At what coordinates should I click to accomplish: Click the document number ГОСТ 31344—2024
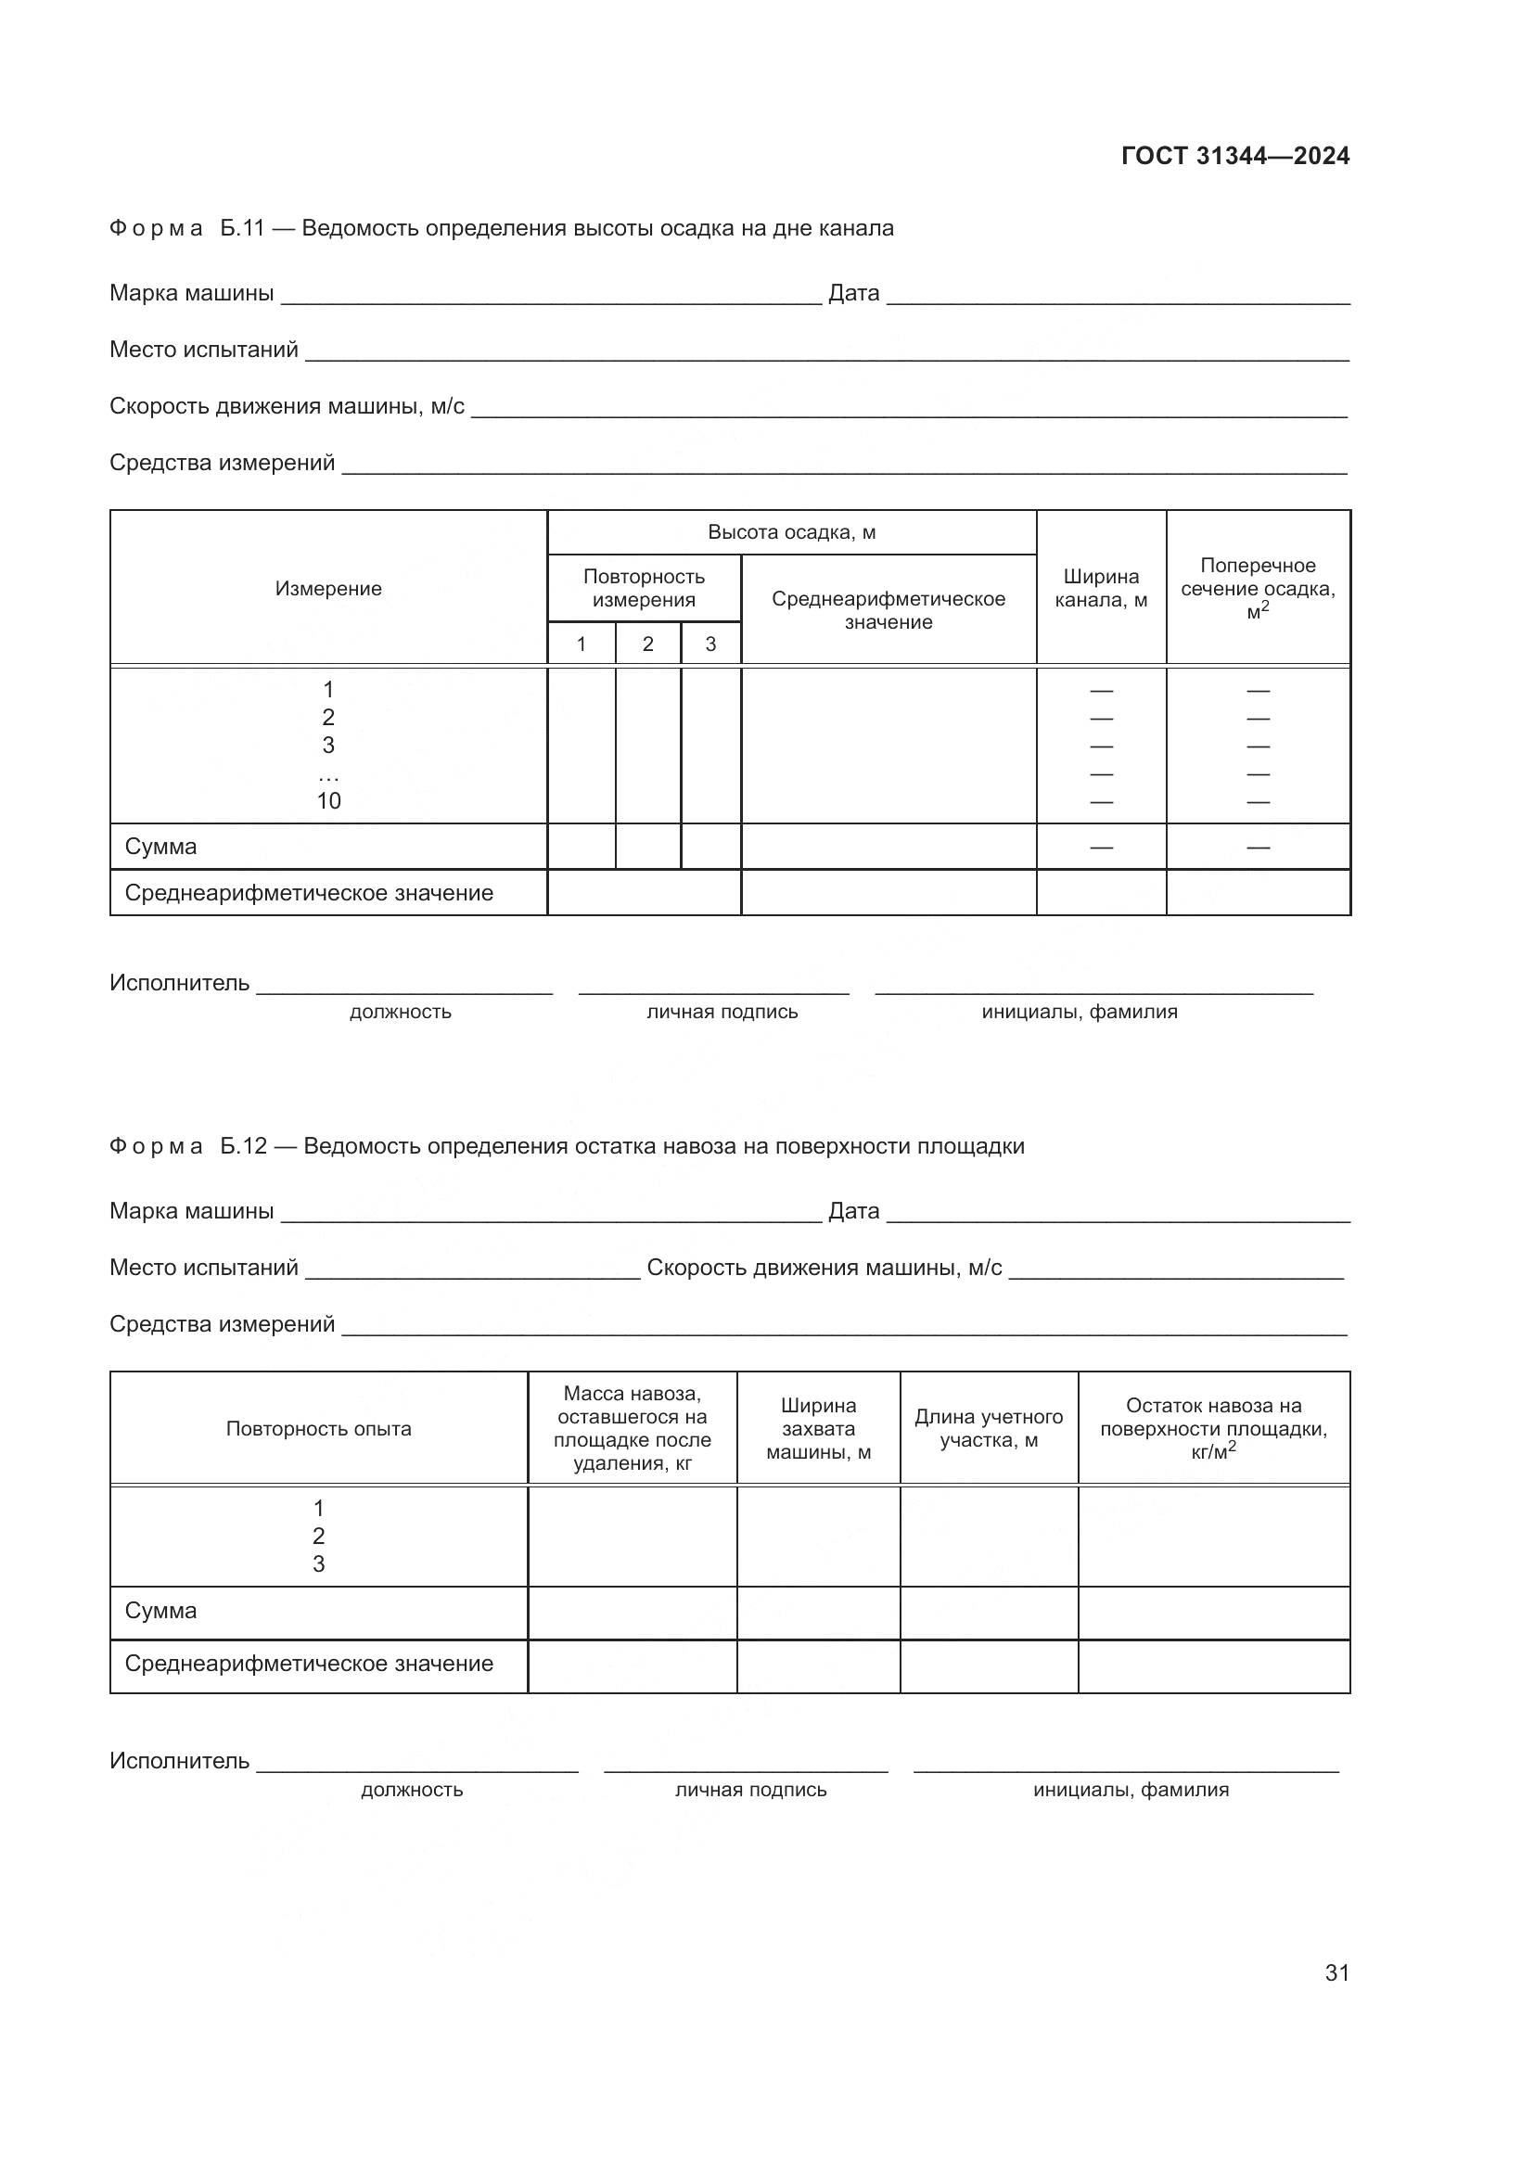[1234, 156]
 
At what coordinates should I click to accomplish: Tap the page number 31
[1336, 1972]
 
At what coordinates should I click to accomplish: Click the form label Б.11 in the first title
[242, 228]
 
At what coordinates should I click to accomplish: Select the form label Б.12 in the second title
[244, 1146]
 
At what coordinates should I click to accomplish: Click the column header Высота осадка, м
[791, 532]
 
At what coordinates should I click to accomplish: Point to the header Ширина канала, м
[1101, 588]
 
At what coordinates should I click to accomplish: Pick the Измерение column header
[328, 589]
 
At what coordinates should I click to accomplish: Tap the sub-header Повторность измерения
[644, 588]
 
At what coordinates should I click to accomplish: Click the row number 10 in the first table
[328, 801]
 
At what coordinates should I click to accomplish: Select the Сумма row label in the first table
[160, 847]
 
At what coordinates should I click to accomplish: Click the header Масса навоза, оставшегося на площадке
[632, 1427]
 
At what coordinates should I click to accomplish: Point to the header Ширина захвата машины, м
[818, 1428]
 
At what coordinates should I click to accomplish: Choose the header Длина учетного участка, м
[988, 1428]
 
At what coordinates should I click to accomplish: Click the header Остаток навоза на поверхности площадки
[1213, 1428]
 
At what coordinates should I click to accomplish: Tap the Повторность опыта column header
[318, 1428]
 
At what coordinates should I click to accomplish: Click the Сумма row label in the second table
[160, 1611]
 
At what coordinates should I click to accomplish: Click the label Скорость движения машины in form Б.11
[287, 406]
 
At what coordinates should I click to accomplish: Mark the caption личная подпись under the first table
[722, 1012]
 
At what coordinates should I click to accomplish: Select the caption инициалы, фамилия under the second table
[1131, 1789]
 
